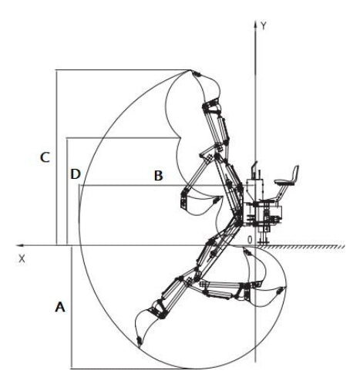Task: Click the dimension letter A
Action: coord(59,307)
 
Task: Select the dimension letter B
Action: coord(157,176)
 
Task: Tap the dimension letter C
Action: coord(46,157)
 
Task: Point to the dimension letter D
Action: coord(76,174)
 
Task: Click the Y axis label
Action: coord(264,25)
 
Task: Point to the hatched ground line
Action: coord(308,249)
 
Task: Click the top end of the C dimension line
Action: coord(56,70)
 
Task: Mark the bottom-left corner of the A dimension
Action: coord(70,367)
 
